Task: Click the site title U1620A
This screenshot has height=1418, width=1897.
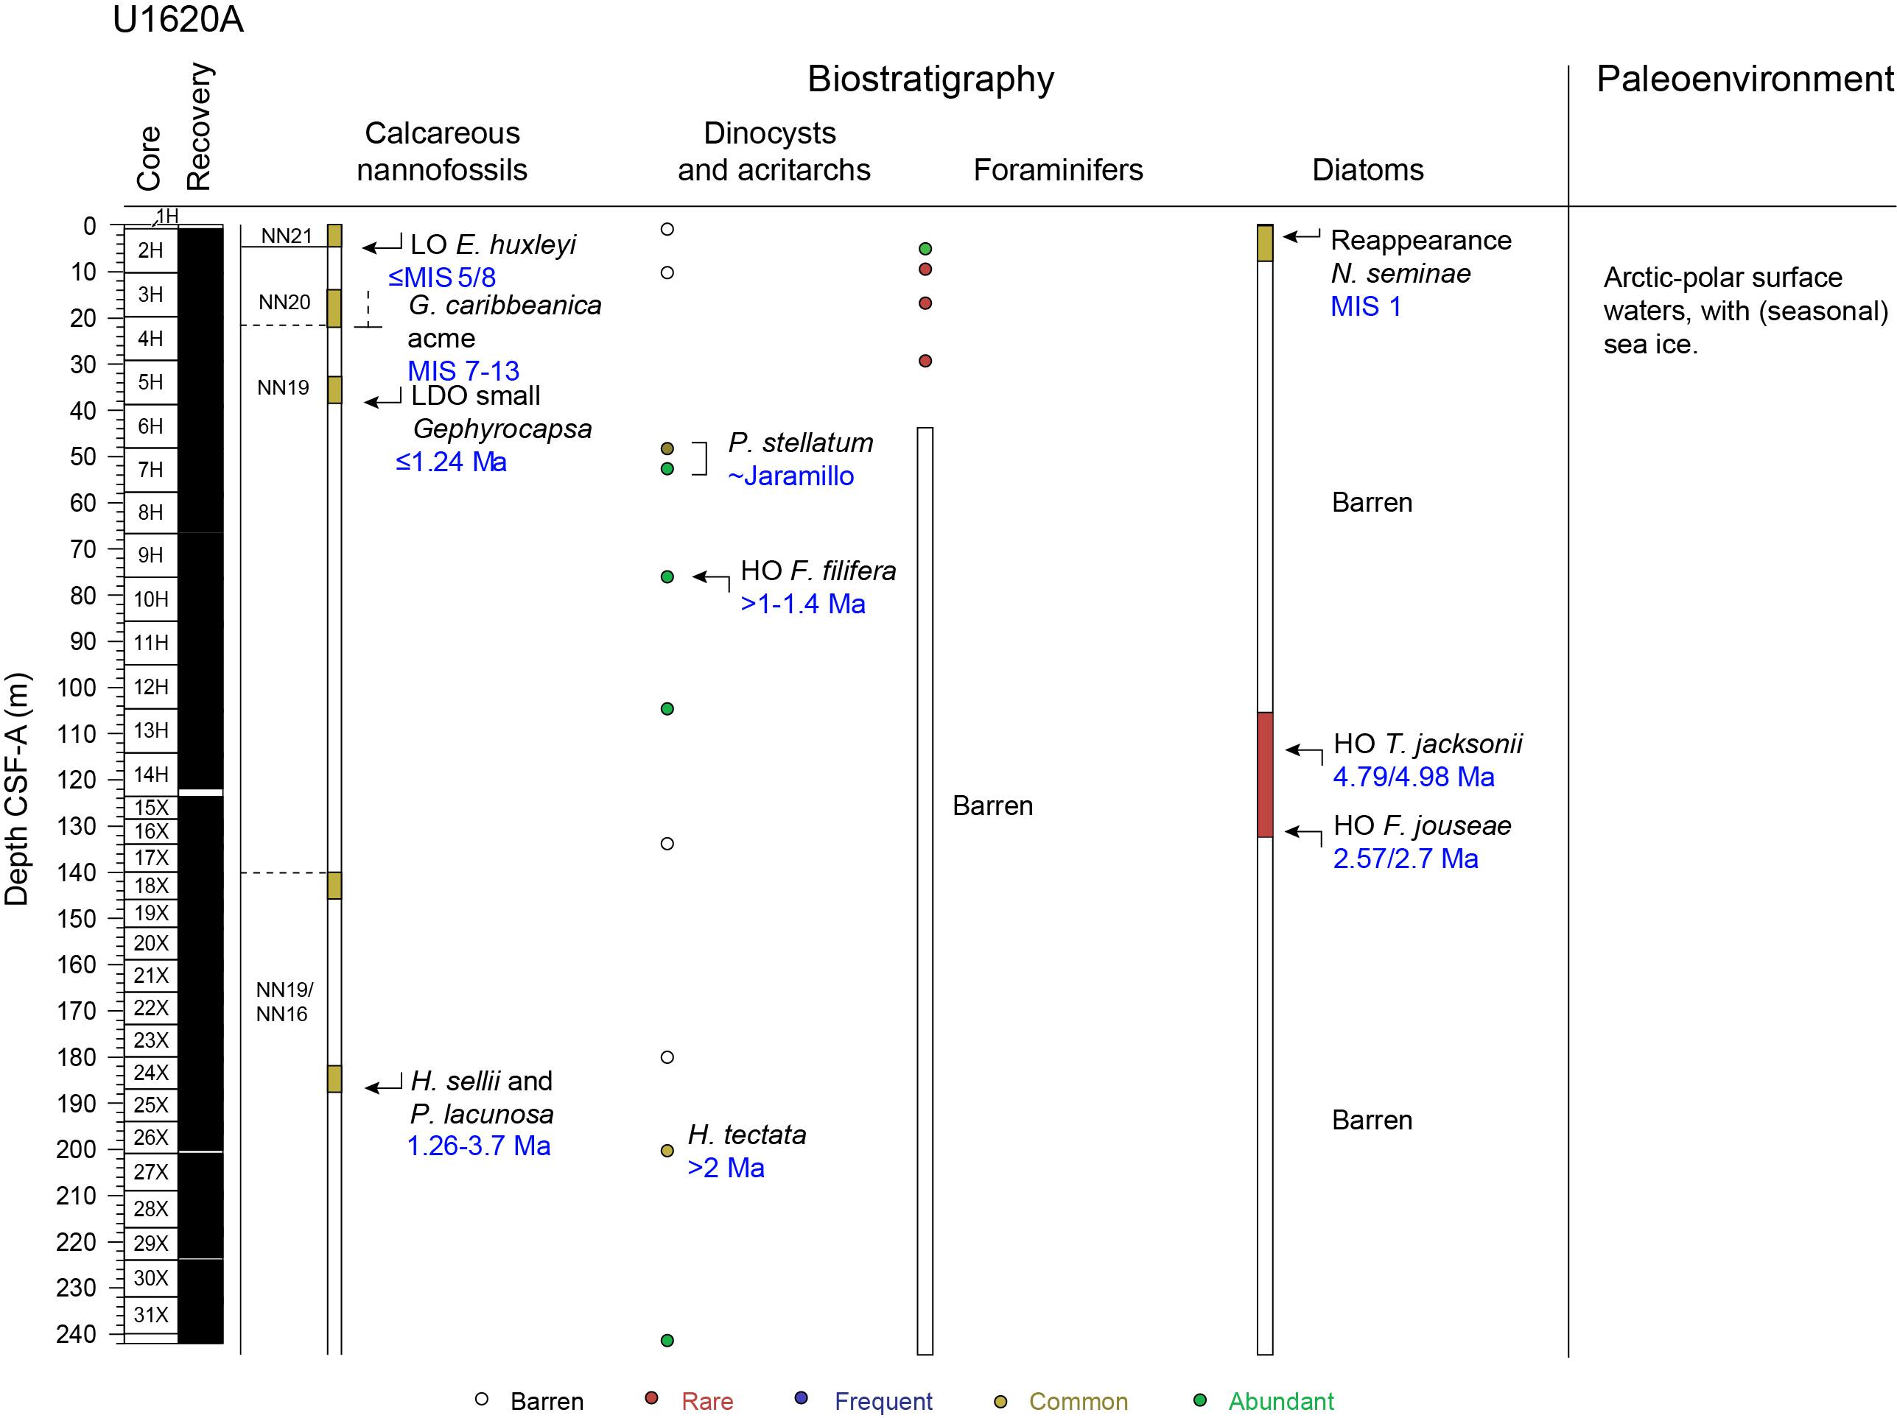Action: [178, 20]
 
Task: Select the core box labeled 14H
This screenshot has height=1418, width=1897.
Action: [151, 774]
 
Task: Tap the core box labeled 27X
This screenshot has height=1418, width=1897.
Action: [151, 1172]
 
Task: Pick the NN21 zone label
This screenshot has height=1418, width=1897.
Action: [287, 236]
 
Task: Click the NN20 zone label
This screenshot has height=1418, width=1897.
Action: [284, 302]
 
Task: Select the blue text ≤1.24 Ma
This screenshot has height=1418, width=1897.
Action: [451, 462]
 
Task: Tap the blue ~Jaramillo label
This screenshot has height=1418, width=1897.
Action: [790, 476]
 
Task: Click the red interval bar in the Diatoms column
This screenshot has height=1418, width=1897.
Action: [1265, 774]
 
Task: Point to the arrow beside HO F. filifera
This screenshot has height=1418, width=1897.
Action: [711, 578]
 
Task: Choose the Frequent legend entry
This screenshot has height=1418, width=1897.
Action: [883, 1401]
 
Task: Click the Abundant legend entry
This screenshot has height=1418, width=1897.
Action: [1280, 1401]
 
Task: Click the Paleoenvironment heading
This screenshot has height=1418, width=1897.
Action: [1745, 79]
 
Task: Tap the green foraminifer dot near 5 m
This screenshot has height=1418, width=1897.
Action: [925, 249]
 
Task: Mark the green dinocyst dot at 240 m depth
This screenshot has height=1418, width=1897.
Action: [667, 1340]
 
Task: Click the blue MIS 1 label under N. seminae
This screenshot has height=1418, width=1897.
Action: [1365, 306]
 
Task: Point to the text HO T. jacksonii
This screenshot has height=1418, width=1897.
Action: [1427, 744]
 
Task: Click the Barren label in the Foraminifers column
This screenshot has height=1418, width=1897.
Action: [992, 806]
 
